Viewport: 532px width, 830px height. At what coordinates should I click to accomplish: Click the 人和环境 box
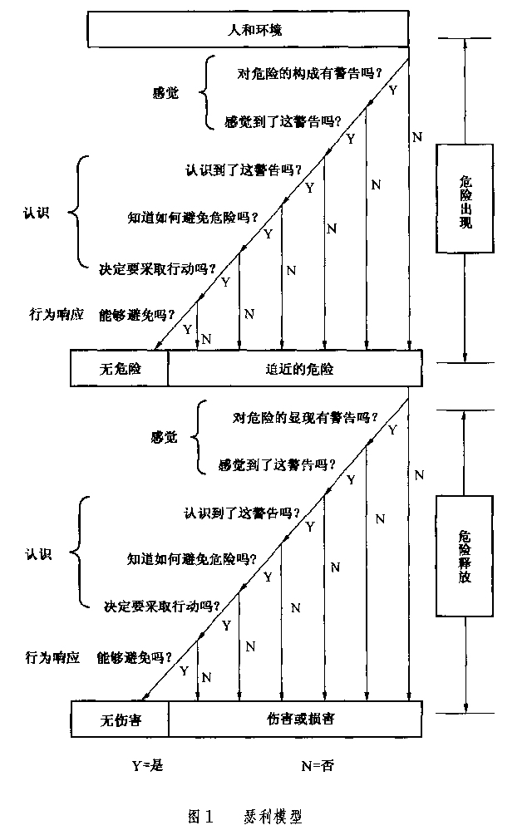(x=249, y=32)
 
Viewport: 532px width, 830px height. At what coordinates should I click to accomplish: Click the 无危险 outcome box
(x=120, y=368)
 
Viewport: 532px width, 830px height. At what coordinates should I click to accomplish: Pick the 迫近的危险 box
(x=295, y=368)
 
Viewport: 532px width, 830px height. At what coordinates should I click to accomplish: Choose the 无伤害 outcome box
(x=120, y=719)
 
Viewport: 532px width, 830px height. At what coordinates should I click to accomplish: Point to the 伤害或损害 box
(x=295, y=719)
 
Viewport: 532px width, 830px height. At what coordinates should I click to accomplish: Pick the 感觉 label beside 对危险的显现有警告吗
(x=164, y=439)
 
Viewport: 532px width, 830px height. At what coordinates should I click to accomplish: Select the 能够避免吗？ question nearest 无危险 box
(x=136, y=314)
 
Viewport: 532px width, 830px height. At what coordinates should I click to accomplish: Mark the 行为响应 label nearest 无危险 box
(x=57, y=314)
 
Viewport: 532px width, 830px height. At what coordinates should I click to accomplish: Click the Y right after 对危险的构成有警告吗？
(x=392, y=86)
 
